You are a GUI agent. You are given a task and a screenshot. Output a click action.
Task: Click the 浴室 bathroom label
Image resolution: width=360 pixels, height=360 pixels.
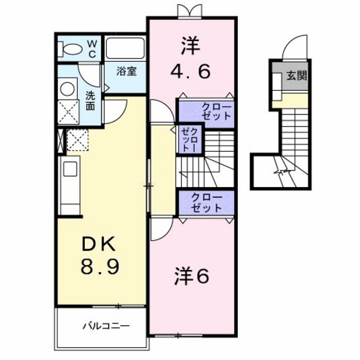point(126,71)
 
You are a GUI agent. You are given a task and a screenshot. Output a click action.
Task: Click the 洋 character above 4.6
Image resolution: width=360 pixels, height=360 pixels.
point(189,45)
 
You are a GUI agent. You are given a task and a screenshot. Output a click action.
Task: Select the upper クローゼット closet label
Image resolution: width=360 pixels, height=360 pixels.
point(205,113)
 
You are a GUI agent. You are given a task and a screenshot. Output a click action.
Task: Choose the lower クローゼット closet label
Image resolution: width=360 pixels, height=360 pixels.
point(205,203)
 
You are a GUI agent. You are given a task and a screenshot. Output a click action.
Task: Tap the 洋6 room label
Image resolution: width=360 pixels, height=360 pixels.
point(191,276)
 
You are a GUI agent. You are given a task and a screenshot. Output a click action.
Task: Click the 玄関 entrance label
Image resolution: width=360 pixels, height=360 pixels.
point(296,75)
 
